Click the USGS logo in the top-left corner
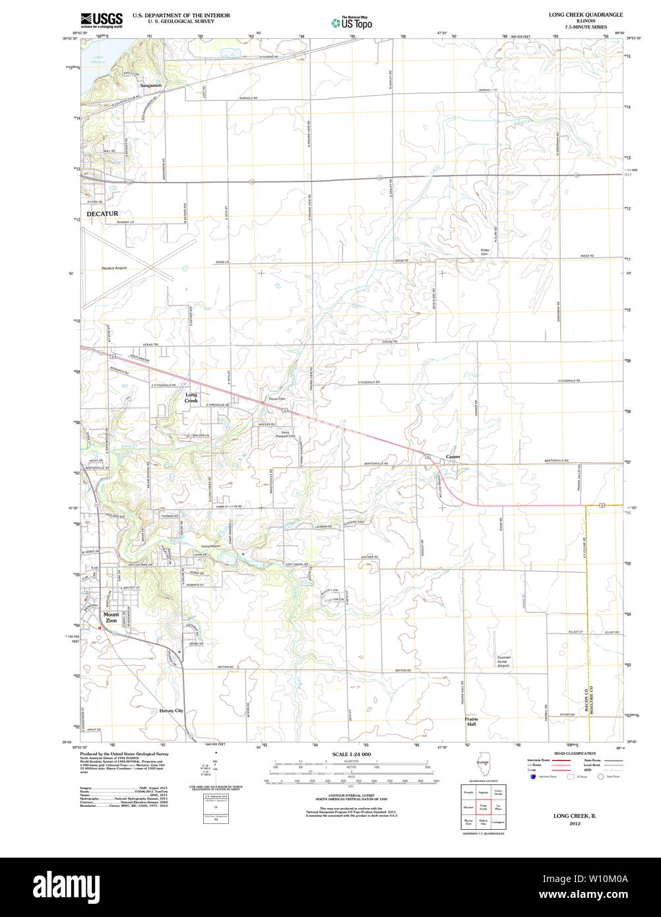pos(102,20)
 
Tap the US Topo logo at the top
pos(352,22)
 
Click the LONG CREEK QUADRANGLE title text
pos(581,15)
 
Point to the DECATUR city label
pos(102,214)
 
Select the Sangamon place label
pos(150,85)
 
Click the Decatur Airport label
pos(113,268)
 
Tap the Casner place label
pos(453,457)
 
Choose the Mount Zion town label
pos(111,617)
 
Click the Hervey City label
pos(171,711)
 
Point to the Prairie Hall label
pos(471,721)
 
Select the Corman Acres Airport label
pos(504,662)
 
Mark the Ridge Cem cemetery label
pos(485,251)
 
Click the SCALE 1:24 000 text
pos(351,754)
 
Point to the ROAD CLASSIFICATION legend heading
pos(575,753)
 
